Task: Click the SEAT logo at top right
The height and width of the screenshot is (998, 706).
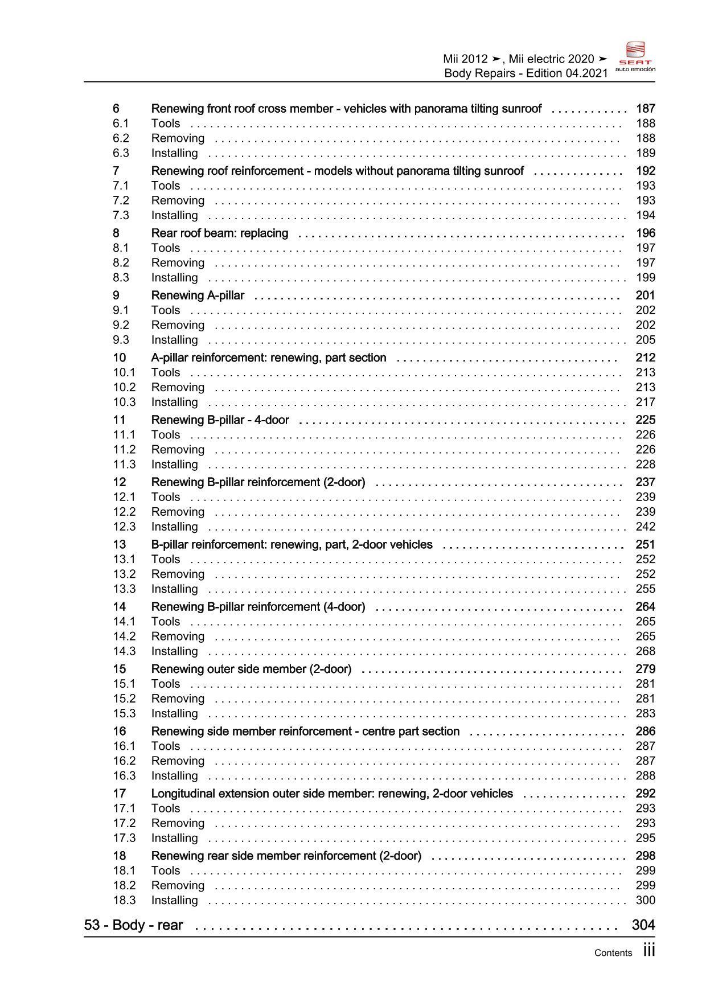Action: coord(635,57)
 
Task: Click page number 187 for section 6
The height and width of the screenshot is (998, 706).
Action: coord(645,109)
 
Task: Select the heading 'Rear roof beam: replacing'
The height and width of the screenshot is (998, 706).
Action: coord(220,233)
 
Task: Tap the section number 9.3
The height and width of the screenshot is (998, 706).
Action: coord(121,340)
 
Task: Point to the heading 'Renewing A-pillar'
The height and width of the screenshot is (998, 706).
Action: coord(198,295)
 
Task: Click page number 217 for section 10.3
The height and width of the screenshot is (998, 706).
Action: coord(645,402)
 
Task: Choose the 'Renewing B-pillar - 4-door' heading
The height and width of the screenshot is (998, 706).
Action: coord(220,420)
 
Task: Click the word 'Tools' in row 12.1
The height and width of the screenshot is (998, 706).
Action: coord(166,497)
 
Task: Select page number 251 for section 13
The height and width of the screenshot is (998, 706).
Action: coord(645,545)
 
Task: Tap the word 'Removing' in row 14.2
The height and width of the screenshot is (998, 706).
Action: coord(178,636)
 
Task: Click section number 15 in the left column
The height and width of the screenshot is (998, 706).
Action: coord(119,669)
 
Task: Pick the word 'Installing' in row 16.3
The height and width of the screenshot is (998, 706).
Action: coord(174,776)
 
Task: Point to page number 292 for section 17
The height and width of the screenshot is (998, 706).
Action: coord(645,794)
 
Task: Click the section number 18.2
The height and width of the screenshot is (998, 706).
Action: coord(124,885)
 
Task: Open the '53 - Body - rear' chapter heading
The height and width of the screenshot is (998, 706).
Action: coord(133,925)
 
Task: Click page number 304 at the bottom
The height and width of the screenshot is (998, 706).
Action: coord(643,925)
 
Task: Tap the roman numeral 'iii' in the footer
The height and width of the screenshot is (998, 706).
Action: coord(648,951)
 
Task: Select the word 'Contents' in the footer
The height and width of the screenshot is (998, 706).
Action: coord(613,953)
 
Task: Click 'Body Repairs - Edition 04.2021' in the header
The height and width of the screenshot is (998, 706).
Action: coord(526,73)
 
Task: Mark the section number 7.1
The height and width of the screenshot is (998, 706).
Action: coord(121,186)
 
